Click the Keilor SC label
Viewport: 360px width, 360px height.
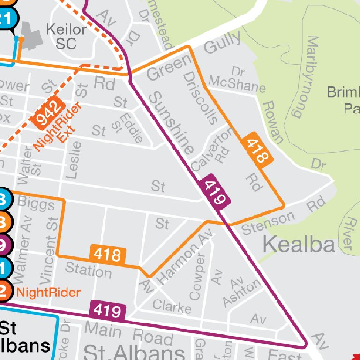[66, 37]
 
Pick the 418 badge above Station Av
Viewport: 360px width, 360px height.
[108, 255]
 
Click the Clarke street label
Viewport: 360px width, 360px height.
[172, 306]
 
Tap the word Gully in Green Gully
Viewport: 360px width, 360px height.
[222, 44]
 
